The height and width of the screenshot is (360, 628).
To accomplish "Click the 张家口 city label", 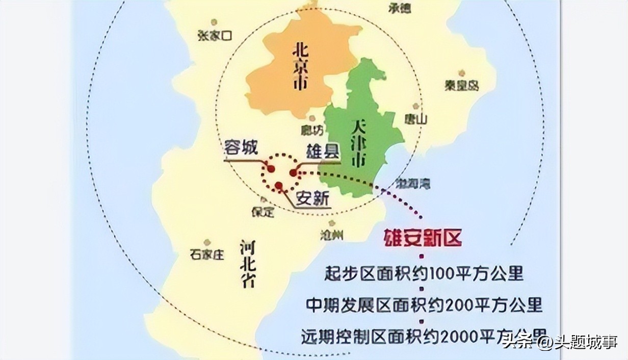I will (x=215, y=35).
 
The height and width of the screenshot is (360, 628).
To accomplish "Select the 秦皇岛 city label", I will (x=461, y=86).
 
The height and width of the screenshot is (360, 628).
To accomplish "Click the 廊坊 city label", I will (x=312, y=130).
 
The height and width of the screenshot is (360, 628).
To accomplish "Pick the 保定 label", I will (x=263, y=212).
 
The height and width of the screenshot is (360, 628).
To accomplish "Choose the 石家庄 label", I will (x=206, y=254).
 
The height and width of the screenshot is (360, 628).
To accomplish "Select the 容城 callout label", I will (x=241, y=148).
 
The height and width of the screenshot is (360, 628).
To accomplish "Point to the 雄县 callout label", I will (x=322, y=151).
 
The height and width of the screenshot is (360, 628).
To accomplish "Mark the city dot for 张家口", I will (x=214, y=22).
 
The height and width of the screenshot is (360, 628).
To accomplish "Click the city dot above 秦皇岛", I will (x=461, y=73).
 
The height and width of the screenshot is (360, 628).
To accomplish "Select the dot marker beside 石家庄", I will (x=207, y=243).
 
